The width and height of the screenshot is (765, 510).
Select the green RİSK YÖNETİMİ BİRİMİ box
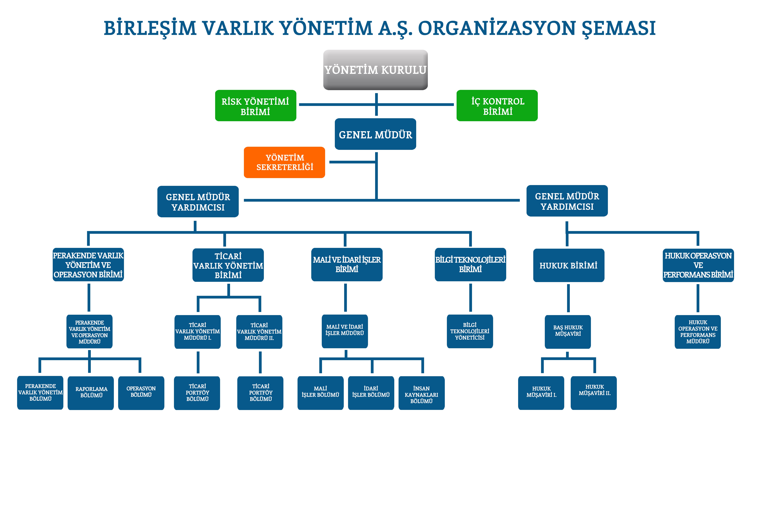256,106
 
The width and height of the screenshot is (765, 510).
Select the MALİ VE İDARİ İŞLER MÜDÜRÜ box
345,331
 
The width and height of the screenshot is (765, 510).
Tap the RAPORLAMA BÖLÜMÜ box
91,393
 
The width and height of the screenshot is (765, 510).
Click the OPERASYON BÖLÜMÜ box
141,393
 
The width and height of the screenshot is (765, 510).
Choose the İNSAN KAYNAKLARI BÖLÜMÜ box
421,393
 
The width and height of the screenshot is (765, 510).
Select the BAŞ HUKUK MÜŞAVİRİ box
568,332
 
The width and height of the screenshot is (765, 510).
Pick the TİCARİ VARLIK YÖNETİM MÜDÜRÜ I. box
197,332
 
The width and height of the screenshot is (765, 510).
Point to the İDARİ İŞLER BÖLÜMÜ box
371,393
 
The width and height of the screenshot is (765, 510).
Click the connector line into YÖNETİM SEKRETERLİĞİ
353,162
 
